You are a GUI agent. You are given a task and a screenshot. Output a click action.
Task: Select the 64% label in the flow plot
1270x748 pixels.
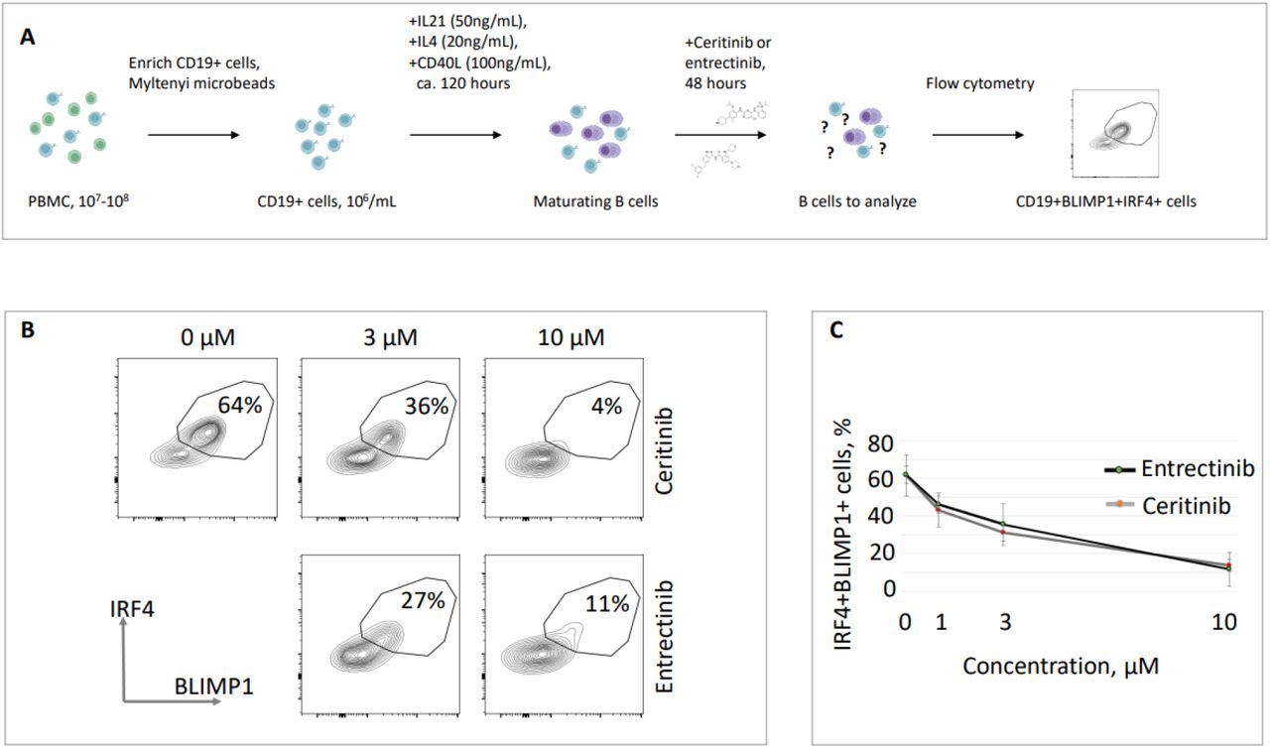(241, 406)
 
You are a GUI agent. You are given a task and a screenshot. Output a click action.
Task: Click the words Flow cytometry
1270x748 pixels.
(979, 84)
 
